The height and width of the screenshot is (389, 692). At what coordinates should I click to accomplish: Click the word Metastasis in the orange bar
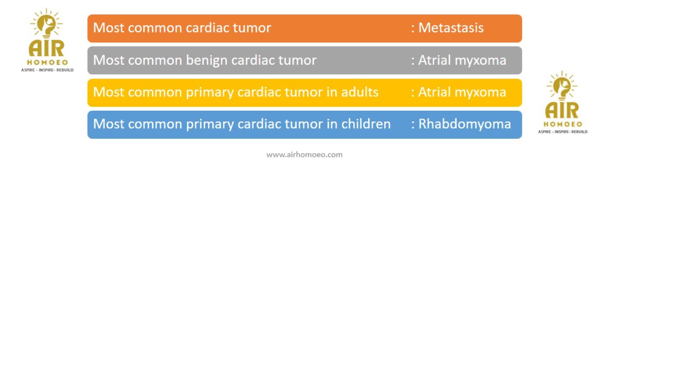click(x=451, y=28)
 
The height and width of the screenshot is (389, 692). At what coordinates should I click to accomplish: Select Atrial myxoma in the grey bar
click(x=462, y=61)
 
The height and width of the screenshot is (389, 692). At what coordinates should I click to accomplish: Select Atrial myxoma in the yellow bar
click(x=462, y=92)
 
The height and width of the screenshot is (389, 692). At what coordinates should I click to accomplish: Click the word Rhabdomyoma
click(x=465, y=124)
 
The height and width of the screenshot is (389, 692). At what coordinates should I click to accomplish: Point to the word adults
click(x=360, y=92)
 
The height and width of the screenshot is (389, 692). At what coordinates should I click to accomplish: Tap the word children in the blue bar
click(x=366, y=124)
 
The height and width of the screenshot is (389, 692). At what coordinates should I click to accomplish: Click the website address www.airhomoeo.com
click(x=304, y=155)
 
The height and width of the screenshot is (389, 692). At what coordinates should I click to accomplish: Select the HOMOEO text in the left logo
click(x=47, y=62)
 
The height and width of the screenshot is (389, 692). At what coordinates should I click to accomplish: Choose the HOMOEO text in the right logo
click(x=563, y=124)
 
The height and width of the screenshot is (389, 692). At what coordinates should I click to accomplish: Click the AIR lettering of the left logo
click(x=46, y=48)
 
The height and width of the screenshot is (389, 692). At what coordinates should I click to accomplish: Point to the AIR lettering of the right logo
click(x=562, y=111)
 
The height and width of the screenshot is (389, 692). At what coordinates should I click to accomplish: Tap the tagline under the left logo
click(x=47, y=70)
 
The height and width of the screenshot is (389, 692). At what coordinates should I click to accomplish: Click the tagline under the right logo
click(x=563, y=132)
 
